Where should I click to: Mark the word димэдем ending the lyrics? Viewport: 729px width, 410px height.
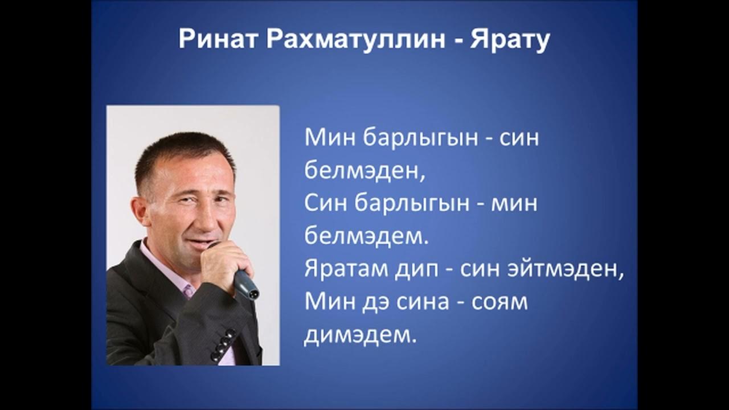(x=357, y=335)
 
